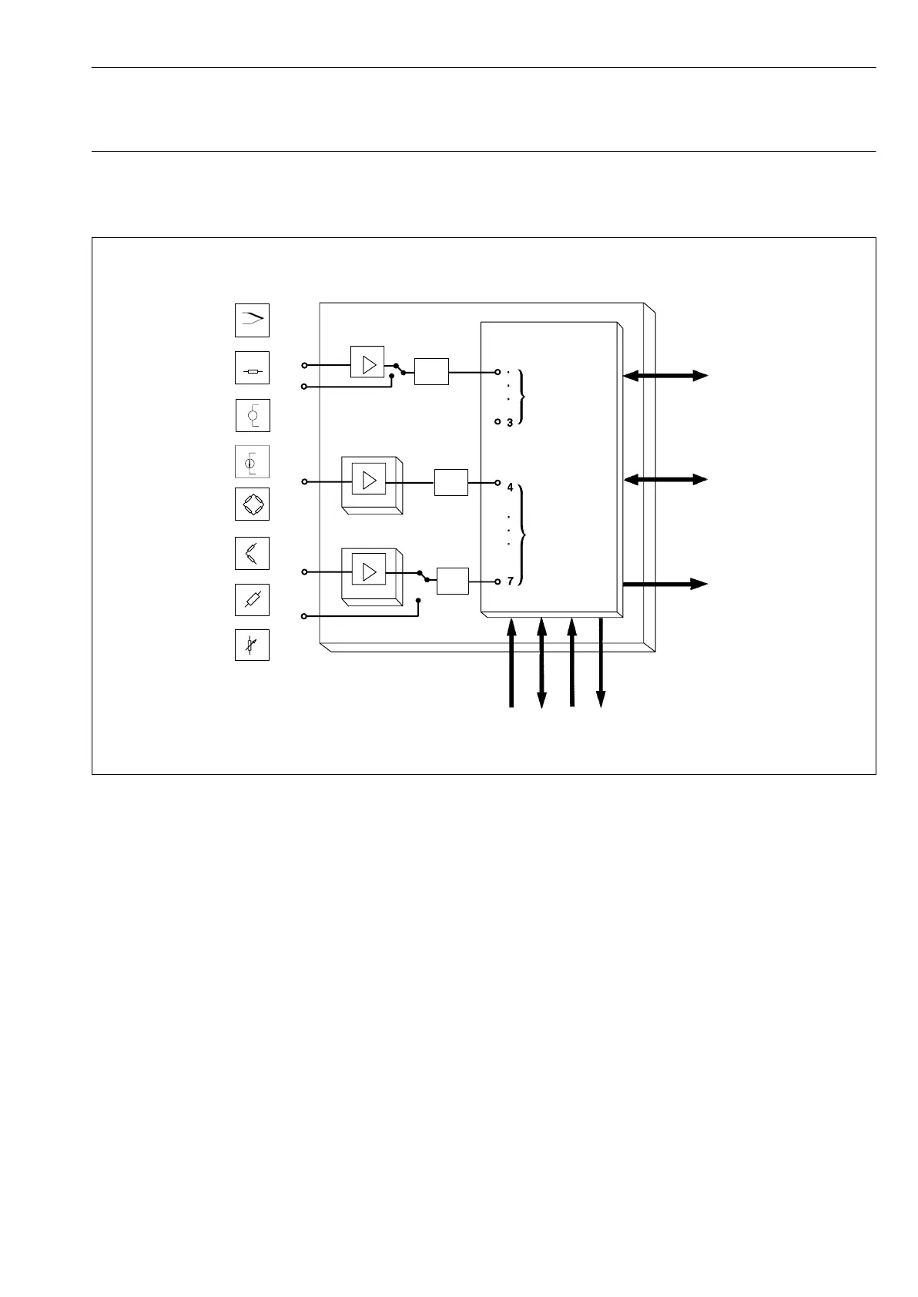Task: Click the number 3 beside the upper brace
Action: [510, 423]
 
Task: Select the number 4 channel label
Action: [510, 488]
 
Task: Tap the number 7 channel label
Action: [510, 581]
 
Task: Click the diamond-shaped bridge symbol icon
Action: [252, 504]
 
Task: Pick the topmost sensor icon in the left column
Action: [252, 320]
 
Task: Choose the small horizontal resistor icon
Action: [252, 369]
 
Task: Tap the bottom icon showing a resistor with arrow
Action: [252, 645]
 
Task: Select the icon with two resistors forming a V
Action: [252, 553]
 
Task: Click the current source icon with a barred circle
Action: [252, 462]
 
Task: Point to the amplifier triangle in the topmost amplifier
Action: [370, 364]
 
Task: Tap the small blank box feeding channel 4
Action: [451, 482]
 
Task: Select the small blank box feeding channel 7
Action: [452, 581]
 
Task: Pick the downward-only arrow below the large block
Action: [601, 662]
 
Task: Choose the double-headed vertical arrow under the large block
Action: [541, 662]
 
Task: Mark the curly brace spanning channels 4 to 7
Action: [523, 535]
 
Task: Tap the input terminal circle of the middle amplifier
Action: [304, 481]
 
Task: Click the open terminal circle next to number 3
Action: [498, 422]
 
